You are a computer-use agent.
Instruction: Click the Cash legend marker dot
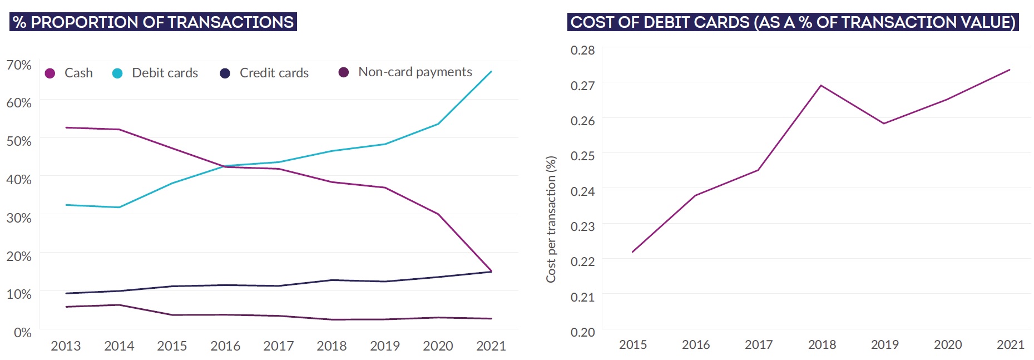(50, 73)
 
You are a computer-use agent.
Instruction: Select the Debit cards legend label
(165, 73)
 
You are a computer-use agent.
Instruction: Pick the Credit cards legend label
(274, 73)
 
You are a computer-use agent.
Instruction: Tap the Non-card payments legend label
(415, 72)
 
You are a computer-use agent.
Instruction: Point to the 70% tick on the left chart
(19, 65)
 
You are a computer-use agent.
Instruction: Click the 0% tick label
(23, 333)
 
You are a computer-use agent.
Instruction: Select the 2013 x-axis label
(66, 346)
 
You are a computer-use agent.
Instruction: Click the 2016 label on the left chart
(225, 346)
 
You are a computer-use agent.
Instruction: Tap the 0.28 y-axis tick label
(582, 51)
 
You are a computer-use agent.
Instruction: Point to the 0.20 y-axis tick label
(582, 332)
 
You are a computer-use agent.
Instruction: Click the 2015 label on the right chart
(633, 345)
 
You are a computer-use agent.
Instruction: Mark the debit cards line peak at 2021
(491, 71)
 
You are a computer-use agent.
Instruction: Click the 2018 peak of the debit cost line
(821, 86)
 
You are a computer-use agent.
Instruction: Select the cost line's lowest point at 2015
(633, 252)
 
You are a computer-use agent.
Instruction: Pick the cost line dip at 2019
(884, 124)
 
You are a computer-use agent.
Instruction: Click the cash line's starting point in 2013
(66, 127)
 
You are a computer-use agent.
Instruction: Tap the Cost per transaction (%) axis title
(551, 219)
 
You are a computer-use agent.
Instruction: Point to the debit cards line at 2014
(119, 208)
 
